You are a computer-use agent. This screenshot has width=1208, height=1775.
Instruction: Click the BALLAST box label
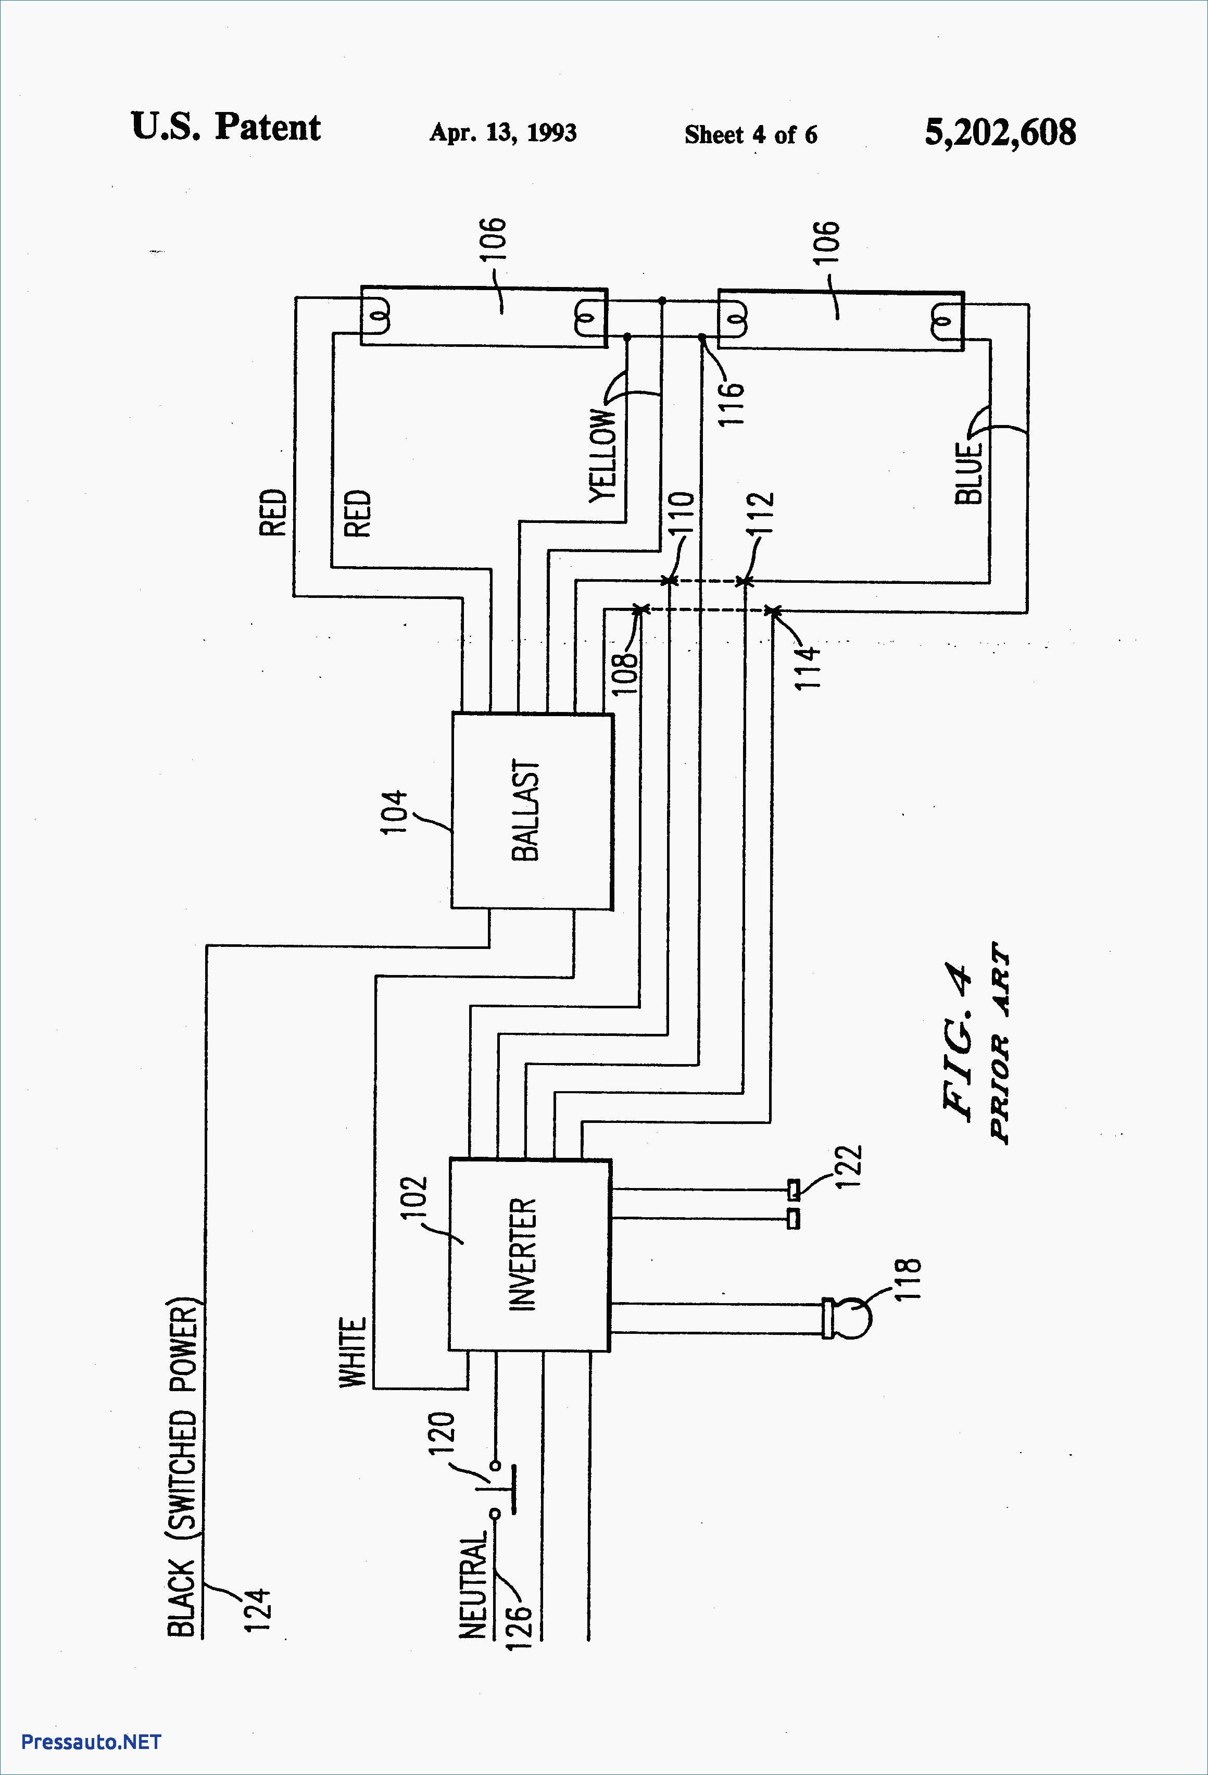point(525,810)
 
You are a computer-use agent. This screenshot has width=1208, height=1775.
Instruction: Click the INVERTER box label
point(523,1255)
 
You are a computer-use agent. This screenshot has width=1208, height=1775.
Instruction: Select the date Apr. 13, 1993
point(503,132)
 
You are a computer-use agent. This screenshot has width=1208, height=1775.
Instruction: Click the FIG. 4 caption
point(959,1043)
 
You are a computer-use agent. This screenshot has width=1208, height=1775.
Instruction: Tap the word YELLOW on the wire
point(602,455)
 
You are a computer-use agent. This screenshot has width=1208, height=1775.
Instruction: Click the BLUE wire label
point(968,473)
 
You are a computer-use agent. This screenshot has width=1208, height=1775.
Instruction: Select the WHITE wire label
point(353,1353)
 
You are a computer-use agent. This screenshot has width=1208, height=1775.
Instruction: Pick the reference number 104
point(394,813)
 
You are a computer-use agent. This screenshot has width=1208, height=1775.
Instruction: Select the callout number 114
point(808,667)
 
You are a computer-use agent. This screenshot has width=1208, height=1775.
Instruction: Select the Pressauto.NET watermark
point(91,1741)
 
